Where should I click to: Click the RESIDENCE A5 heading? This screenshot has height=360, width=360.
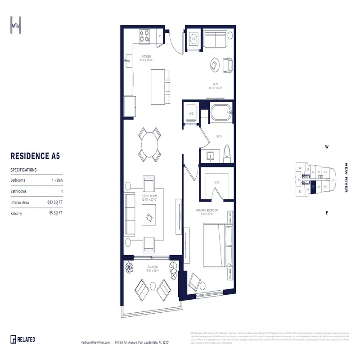pos(35,156)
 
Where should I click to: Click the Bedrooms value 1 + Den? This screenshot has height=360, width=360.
pos(57,180)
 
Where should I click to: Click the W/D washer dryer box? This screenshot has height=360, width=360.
pos(190,113)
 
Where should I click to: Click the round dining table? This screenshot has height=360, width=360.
pos(149,145)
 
